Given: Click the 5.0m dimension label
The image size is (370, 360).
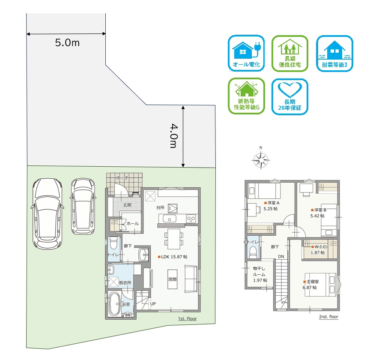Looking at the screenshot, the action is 67,43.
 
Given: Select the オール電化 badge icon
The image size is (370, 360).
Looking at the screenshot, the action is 246,53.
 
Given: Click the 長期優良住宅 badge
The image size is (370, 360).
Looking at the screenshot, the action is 290,54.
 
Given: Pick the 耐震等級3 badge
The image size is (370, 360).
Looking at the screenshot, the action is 334,53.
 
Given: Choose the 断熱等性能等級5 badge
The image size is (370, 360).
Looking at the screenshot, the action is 246,96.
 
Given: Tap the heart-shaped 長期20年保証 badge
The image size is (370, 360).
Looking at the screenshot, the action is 290,96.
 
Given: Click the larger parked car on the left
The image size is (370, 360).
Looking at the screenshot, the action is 47,214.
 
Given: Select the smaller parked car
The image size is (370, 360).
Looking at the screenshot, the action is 83,206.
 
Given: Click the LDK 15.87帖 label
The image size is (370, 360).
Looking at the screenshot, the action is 173,257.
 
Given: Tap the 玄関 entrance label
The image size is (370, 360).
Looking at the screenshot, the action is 127,205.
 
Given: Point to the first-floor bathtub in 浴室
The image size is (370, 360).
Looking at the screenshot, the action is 114,304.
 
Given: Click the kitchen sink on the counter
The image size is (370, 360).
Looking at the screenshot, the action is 169,219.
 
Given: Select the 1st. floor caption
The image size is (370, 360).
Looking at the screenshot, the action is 188,319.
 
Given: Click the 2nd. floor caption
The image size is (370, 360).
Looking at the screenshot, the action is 329,317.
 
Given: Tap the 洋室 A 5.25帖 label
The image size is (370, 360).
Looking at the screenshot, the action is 272,206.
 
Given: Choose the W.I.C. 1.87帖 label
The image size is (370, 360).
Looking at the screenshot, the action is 319,250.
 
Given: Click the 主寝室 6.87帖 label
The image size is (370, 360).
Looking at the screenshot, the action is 311,285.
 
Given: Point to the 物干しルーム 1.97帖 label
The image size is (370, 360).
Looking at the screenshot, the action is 260,274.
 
